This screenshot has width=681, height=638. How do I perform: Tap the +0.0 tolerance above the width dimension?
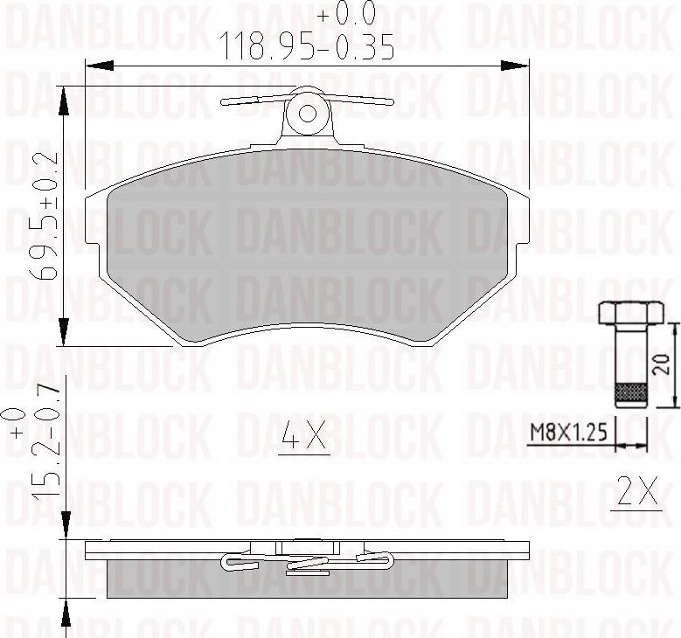pyautogui.click(x=345, y=14)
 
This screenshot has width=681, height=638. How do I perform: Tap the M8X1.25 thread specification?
pyautogui.click(x=569, y=433)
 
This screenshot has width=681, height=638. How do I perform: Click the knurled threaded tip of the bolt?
pyautogui.click(x=629, y=396)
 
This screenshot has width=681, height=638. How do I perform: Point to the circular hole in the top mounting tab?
pyautogui.click(x=308, y=113)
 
